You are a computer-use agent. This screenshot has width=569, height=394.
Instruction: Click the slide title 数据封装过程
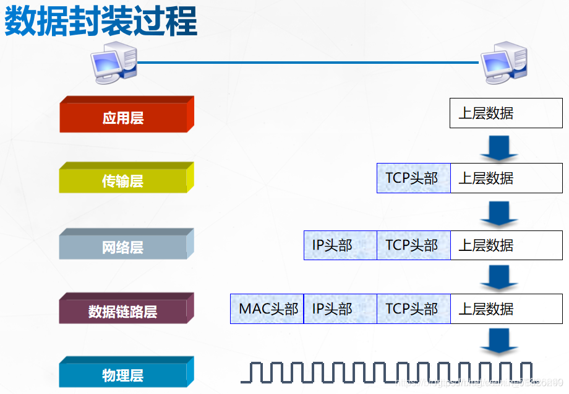[101, 22]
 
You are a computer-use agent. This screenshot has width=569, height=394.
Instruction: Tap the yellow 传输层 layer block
[124, 181]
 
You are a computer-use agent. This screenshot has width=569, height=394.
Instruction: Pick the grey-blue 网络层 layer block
[124, 247]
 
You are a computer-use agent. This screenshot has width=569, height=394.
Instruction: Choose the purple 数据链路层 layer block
[124, 312]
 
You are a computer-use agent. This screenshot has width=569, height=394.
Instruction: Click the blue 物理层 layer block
[124, 375]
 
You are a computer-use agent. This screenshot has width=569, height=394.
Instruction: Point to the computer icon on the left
[115, 64]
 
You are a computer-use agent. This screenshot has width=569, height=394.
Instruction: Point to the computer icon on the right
[504, 64]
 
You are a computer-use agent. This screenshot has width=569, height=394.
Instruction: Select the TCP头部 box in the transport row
[413, 178]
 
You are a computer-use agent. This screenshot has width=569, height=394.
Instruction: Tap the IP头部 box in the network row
[340, 245]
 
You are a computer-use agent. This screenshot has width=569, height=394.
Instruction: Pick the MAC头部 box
[267, 309]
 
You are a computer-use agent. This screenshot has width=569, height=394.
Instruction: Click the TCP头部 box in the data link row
[413, 309]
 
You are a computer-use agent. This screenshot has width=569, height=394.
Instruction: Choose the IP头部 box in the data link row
[340, 309]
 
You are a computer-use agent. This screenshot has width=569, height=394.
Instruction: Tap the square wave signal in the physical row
[387, 372]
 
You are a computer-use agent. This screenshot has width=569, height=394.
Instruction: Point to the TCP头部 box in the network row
[413, 245]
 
